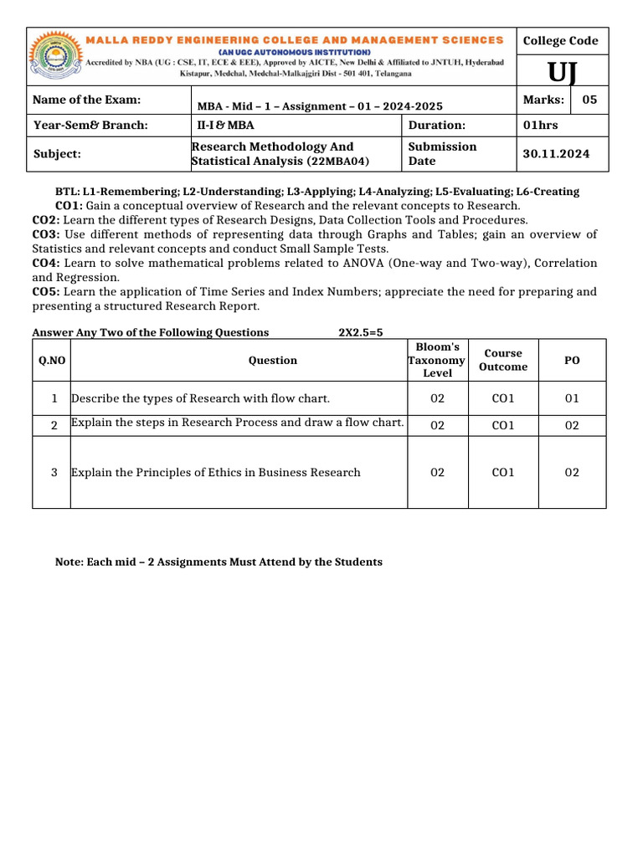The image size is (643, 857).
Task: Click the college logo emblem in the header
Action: tap(59, 57)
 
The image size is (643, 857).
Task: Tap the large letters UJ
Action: tap(561, 74)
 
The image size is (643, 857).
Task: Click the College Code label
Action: tap(560, 41)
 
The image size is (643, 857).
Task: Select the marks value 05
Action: tap(589, 100)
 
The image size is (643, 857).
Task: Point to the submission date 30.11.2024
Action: tap(556, 154)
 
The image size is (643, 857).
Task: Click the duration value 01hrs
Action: tap(540, 126)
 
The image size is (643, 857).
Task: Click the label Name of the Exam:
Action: tap(86, 100)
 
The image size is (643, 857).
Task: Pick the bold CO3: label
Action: tap(44, 234)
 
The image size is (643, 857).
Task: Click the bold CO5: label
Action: tap(44, 292)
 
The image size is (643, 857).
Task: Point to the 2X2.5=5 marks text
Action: tap(360, 332)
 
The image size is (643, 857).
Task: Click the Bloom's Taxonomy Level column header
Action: tap(436, 360)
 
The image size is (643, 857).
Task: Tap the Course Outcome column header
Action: tap(503, 360)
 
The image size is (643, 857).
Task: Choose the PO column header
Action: tap(572, 360)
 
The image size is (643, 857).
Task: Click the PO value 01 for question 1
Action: tap(572, 398)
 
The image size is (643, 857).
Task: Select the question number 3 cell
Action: tap(54, 473)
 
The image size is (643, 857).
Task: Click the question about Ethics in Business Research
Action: tap(216, 473)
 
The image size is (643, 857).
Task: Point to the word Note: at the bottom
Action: tap(69, 562)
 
